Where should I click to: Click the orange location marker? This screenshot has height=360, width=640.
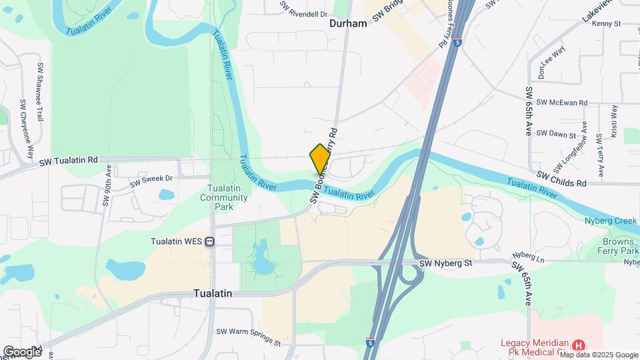point(320,159)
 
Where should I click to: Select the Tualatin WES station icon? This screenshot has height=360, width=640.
point(209,241)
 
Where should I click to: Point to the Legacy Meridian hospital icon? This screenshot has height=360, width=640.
point(579,345)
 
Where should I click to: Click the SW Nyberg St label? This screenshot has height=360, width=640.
point(446,264)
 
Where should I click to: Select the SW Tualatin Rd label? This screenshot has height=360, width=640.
point(69,161)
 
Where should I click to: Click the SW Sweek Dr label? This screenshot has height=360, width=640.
point(151,179)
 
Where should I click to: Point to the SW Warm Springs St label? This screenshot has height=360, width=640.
point(248,337)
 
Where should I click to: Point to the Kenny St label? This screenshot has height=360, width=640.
point(606,23)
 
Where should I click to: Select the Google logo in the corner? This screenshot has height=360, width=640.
point(22,351)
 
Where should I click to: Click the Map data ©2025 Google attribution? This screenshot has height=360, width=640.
point(599,355)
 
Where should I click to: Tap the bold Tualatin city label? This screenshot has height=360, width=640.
point(213,293)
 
